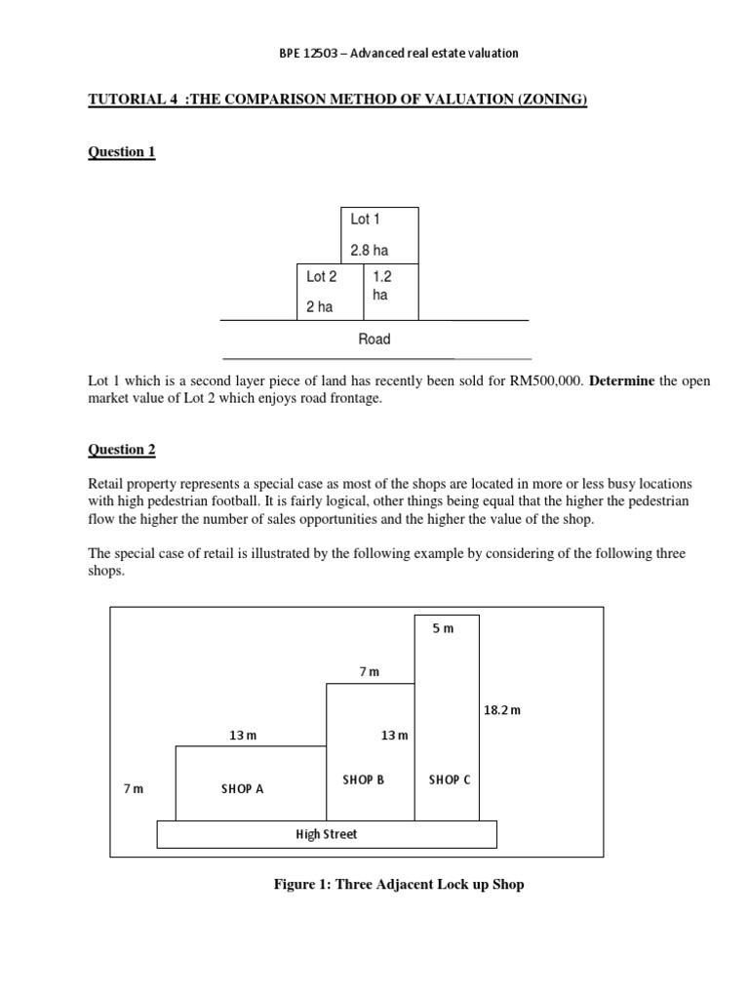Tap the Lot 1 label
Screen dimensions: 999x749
tap(365, 220)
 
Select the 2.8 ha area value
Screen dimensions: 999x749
tap(369, 251)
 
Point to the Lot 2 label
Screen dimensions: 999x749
tap(321, 277)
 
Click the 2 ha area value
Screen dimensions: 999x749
tap(319, 306)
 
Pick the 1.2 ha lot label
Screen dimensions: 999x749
tap(379, 285)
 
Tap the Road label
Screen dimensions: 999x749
tap(374, 340)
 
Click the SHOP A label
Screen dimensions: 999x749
tap(242, 789)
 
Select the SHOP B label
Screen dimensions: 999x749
tap(363, 780)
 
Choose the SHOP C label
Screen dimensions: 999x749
tap(449, 780)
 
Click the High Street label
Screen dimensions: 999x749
tap(326, 834)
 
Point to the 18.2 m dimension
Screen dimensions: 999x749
tap(502, 710)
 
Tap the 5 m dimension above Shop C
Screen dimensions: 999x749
tap(443, 628)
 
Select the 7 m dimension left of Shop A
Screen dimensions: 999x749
tap(133, 789)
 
